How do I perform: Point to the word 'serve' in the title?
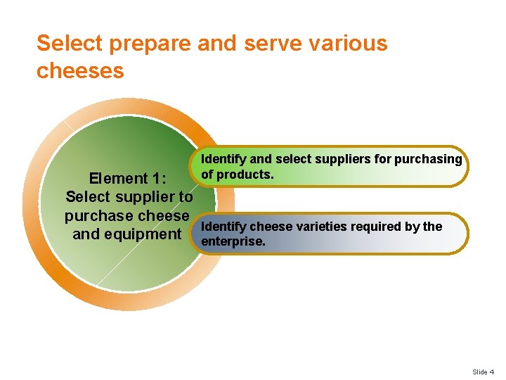pyautogui.click(x=268, y=44)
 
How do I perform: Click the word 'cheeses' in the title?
pyautogui.click(x=80, y=70)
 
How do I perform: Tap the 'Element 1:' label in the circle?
pyautogui.click(x=128, y=179)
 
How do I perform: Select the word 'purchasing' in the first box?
pyautogui.click(x=428, y=159)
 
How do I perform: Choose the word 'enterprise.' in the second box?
pyautogui.click(x=233, y=241)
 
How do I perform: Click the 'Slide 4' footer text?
pyautogui.click(x=483, y=372)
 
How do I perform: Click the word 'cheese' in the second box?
pyautogui.click(x=269, y=227)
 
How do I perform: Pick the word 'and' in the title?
pyautogui.click(x=217, y=44)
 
